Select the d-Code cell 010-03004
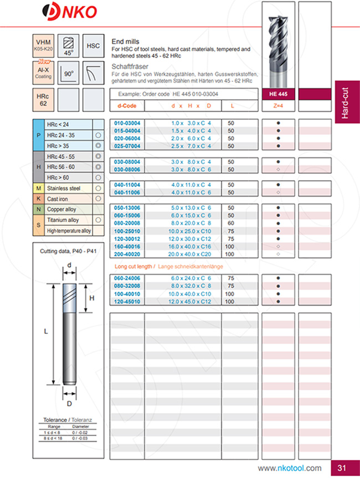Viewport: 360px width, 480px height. click(127, 124)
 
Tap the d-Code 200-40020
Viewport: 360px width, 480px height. click(127, 254)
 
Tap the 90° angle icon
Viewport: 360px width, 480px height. click(69, 72)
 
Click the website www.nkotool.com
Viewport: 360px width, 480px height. click(289, 468)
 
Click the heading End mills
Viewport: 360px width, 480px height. click(126, 42)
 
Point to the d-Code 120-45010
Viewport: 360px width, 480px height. click(127, 301)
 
